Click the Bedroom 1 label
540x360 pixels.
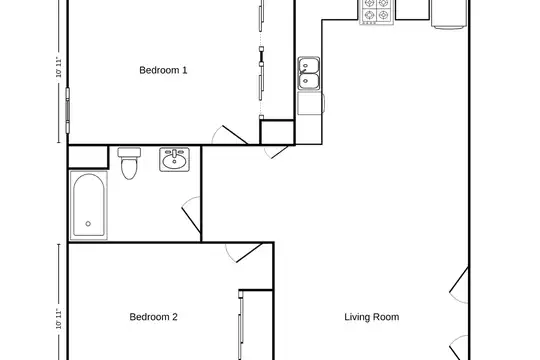point(163,70)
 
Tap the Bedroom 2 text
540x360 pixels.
point(154,317)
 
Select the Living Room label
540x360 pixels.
point(372,317)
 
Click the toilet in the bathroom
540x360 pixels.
point(129,163)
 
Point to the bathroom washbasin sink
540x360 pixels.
point(175,160)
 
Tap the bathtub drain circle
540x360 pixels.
point(88,224)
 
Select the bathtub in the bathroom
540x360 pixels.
point(89,205)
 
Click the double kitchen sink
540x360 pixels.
point(309,73)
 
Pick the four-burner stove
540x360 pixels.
point(377,12)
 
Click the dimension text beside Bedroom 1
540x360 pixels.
point(59,68)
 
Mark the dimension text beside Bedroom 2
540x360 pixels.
point(59,319)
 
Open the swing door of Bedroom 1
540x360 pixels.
point(230,135)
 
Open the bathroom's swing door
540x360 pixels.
point(191,215)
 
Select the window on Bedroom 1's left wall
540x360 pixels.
point(68,111)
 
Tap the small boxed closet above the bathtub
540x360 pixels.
point(88,157)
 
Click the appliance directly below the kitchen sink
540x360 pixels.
point(311,103)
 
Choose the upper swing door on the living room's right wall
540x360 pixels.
point(459,285)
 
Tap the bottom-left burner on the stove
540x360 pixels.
point(370,15)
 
